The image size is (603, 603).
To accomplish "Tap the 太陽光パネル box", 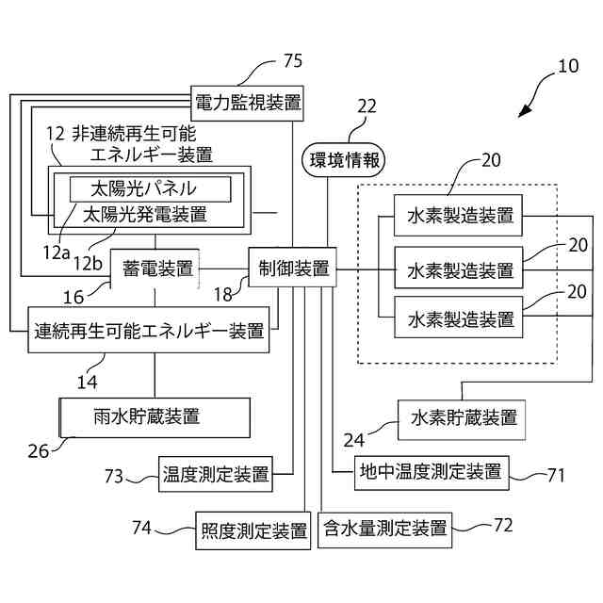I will point(148,188).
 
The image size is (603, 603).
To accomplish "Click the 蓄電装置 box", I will point(156,269).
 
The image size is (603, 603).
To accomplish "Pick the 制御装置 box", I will point(292,269).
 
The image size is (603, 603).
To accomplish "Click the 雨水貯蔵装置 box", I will point(155,416).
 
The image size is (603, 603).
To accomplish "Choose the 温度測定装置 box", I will point(216,474).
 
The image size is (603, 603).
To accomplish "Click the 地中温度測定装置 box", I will point(430,470).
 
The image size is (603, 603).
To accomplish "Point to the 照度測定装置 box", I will point(253,530).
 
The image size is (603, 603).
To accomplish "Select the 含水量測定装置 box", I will point(384,527).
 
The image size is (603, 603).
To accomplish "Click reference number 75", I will point(293,62).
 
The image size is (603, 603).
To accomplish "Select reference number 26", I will point(38,449).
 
